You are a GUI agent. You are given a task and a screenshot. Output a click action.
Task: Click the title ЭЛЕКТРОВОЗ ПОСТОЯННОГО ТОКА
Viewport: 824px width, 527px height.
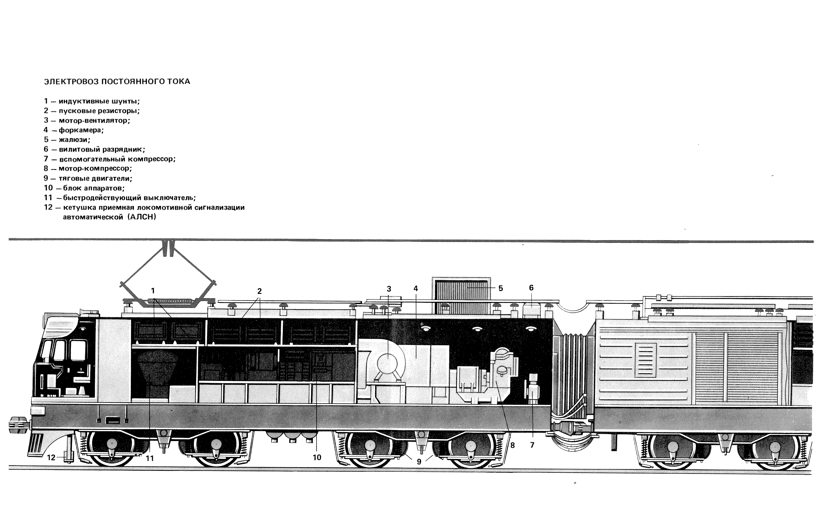(x=117, y=81)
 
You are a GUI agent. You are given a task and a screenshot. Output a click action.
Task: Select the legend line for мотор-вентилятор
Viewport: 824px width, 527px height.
(x=87, y=121)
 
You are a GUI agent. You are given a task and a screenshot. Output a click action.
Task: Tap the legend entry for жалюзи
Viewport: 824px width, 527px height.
(x=67, y=140)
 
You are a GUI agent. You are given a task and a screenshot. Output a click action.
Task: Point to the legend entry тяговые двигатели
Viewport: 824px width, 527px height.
(x=88, y=178)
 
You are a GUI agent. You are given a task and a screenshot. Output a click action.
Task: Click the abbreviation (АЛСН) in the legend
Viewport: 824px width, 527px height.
(x=143, y=217)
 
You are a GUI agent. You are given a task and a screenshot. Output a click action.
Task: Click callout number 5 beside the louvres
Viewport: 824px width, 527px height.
(x=501, y=288)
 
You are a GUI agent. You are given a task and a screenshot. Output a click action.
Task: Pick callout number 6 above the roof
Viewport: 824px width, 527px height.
(x=531, y=288)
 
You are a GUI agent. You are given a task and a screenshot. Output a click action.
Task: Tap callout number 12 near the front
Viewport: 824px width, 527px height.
(x=51, y=458)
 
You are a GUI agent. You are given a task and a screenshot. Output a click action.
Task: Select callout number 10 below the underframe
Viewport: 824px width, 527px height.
(x=317, y=458)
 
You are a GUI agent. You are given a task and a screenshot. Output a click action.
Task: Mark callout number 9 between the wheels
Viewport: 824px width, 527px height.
(x=419, y=462)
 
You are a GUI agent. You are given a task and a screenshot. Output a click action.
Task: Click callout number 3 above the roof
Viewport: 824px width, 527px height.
(x=389, y=289)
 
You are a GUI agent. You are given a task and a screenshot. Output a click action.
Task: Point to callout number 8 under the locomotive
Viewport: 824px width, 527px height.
(x=512, y=446)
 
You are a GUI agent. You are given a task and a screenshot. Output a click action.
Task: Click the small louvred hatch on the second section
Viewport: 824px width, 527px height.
(x=646, y=360)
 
